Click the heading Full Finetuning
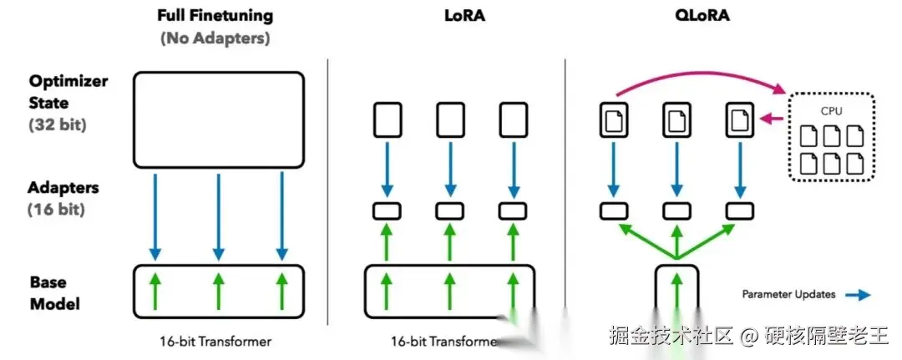215,15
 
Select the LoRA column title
448,15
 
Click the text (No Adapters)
215,38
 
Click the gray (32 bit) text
58,125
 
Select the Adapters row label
63,189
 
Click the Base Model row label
55,292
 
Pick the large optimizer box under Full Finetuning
218,118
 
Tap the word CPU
830,109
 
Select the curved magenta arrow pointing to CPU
702,76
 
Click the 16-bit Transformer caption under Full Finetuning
215,341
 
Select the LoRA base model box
449,291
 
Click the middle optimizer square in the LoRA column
449,119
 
